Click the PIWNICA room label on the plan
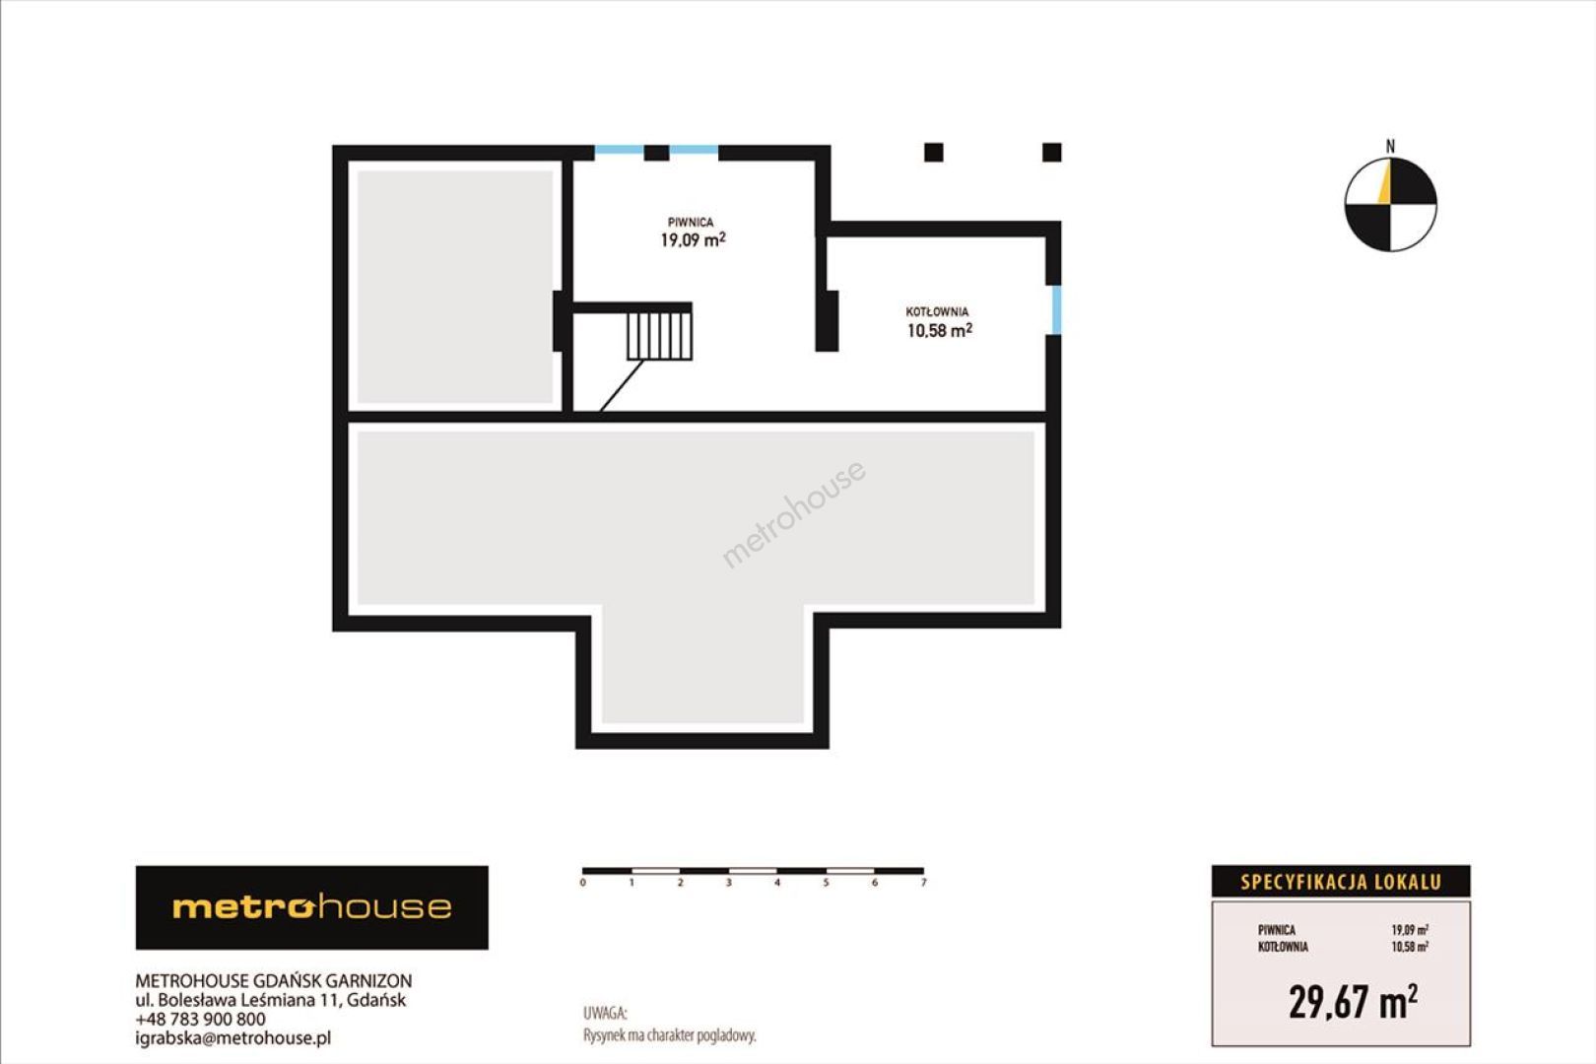690,223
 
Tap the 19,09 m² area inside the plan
693,239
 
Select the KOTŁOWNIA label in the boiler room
937,311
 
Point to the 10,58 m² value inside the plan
939,330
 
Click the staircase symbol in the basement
659,335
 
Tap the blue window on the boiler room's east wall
1056,310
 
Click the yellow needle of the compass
1384,182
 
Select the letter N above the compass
1390,146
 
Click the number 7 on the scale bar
923,883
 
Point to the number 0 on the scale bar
583,883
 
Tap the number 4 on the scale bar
777,883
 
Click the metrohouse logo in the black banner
312,907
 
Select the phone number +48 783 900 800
200,1019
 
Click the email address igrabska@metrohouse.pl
233,1038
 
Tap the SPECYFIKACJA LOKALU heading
1341,883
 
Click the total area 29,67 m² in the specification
1353,1001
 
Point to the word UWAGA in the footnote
605,1013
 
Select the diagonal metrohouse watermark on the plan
794,514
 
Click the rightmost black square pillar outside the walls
1051,153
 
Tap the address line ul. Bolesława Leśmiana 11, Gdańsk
271,1000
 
